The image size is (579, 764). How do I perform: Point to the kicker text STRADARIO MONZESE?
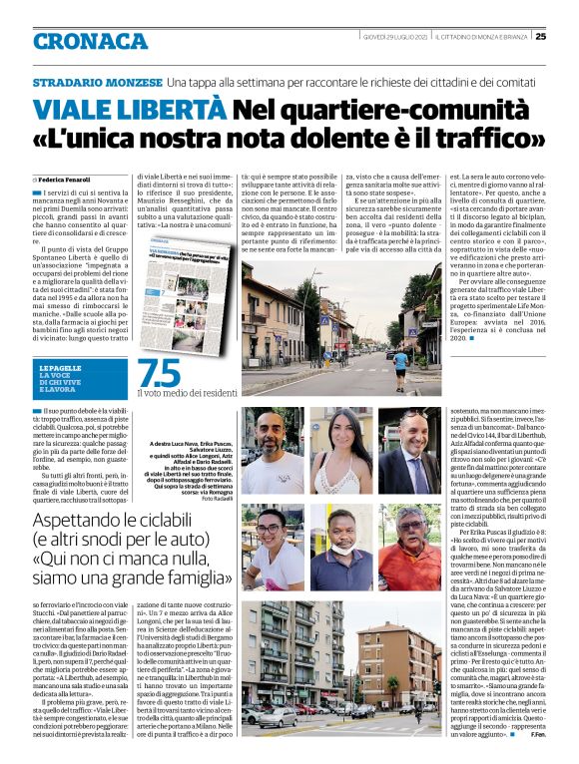coord(111,81)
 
